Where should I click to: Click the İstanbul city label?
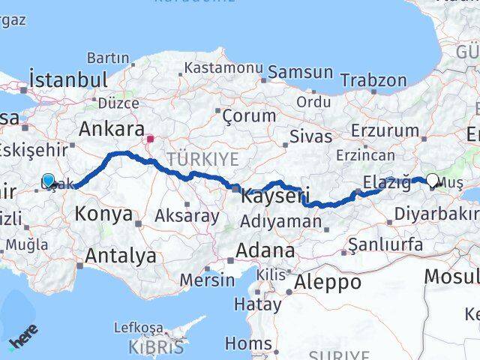click(67, 79)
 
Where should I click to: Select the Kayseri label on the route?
click(275, 197)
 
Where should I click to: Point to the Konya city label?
click(103, 214)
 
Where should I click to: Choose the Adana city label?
click(266, 250)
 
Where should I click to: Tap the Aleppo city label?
click(328, 282)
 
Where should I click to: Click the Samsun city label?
click(300, 73)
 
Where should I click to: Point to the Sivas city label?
click(310, 136)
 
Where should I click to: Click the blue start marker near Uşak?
click(49, 180)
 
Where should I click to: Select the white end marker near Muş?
click(433, 180)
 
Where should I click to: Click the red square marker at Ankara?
click(150, 139)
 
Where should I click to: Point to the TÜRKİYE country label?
click(202, 159)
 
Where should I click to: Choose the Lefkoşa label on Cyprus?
click(138, 328)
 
